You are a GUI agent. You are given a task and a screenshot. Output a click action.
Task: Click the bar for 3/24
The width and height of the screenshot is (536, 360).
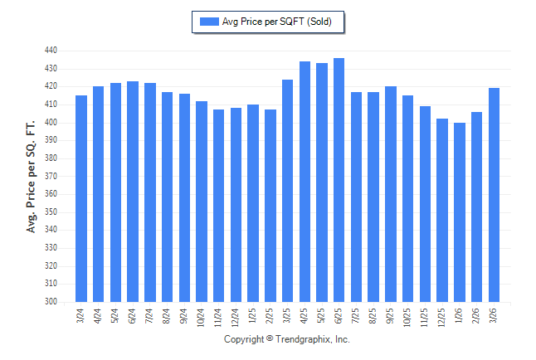[x=81, y=199]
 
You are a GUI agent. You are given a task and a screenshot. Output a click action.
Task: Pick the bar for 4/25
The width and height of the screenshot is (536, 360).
[x=305, y=182]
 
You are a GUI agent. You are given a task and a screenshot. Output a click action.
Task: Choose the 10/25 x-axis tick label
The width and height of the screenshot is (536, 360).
[x=408, y=318]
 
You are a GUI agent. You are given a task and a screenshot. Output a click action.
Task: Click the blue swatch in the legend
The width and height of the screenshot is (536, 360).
[x=208, y=22]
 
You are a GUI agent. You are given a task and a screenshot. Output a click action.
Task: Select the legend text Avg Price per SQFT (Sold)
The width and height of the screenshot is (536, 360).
[x=277, y=22]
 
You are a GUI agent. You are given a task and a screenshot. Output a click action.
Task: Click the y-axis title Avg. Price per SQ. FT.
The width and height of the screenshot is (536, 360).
[x=32, y=176]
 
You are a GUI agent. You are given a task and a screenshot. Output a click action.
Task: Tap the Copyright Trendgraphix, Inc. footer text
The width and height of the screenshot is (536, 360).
[x=287, y=340]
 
